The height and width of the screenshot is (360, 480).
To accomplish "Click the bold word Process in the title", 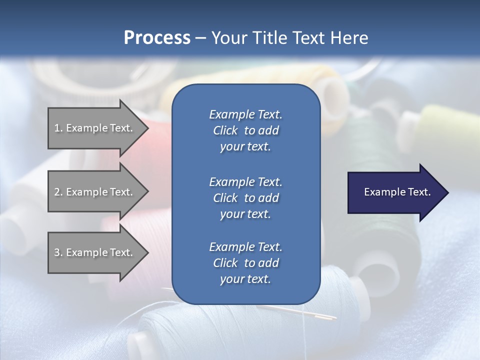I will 157,37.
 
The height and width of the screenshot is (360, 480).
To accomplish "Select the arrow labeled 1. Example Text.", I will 95,128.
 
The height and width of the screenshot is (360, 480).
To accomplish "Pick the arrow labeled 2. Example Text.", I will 95,192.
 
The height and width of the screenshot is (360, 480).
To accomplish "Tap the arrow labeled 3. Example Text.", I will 95,252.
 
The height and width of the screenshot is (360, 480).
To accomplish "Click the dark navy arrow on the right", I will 395,192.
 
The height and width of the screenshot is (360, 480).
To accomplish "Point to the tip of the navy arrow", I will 447,192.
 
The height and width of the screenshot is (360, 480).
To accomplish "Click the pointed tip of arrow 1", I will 147,128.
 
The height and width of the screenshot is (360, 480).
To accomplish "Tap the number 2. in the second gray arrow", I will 58,192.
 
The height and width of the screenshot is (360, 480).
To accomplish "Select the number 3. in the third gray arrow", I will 58,252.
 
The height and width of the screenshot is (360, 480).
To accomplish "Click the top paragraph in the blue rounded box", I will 245,130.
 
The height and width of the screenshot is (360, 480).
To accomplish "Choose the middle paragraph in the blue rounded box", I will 245,197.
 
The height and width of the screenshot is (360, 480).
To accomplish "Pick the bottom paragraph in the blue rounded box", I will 245,263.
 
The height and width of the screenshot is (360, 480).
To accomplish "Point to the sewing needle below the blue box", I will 320,314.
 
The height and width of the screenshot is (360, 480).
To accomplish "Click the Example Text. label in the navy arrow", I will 397,192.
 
